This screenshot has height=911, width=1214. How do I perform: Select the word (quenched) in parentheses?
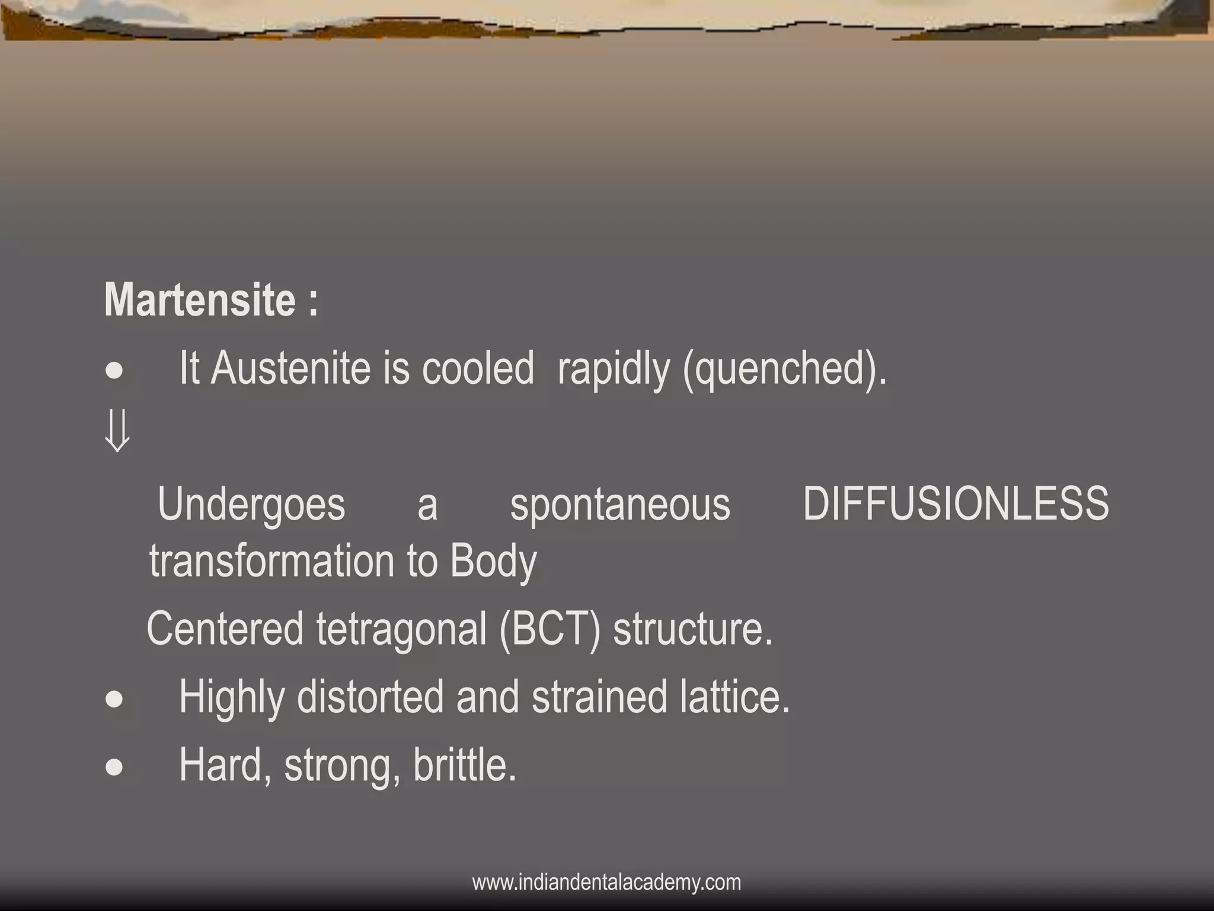784,370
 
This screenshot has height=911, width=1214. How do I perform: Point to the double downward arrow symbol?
117,432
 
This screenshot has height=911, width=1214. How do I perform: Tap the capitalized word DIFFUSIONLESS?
956,504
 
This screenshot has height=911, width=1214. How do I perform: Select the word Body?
493,562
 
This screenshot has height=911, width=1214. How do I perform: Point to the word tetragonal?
401,630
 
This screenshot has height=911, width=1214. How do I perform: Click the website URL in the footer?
606,882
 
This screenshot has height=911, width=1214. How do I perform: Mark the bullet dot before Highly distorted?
114,700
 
